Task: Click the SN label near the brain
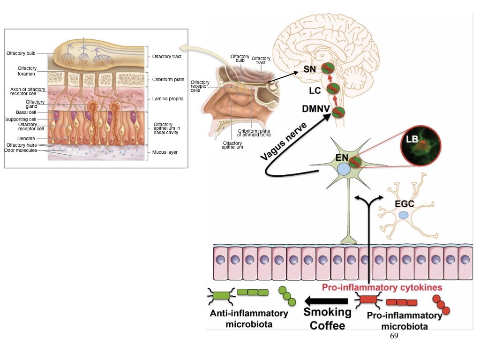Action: pos(309,69)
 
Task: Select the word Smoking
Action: pos(327,312)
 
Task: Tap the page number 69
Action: pos(394,336)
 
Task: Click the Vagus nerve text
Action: pos(284,141)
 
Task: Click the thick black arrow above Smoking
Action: pos(326,300)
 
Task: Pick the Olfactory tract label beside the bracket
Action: pos(167,57)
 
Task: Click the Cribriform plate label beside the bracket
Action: pos(168,80)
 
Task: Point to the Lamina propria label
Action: pos(168,99)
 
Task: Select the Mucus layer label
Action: pos(165,152)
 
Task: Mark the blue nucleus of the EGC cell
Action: pos(403,215)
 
